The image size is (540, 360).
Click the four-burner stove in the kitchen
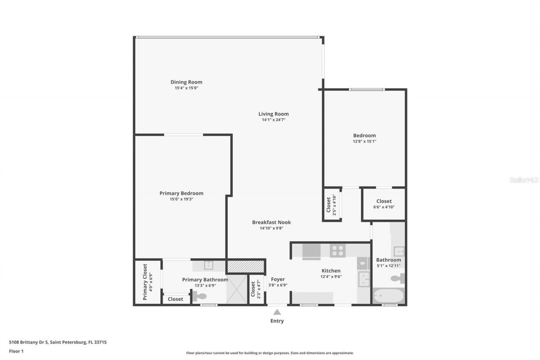click(337, 250)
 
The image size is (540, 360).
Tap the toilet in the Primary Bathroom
click(199, 297)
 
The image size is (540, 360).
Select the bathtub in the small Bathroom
click(389, 295)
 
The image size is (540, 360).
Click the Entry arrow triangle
click(277, 312)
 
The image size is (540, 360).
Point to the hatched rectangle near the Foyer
click(246, 267)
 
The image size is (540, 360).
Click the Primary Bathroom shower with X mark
click(237, 289)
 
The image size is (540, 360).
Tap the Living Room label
click(273, 114)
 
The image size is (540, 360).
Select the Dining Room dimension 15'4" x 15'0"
click(186, 88)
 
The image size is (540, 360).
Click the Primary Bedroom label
click(181, 193)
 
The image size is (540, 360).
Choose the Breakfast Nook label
click(271, 222)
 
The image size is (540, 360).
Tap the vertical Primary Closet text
click(145, 282)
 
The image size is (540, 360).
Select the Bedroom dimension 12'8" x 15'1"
click(364, 141)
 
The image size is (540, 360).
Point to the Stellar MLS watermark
click(524, 180)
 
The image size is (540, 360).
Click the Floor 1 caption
click(16, 351)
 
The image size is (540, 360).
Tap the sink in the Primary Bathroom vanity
click(208, 265)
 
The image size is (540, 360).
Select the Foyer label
click(278, 279)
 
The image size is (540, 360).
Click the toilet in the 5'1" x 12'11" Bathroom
click(398, 279)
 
